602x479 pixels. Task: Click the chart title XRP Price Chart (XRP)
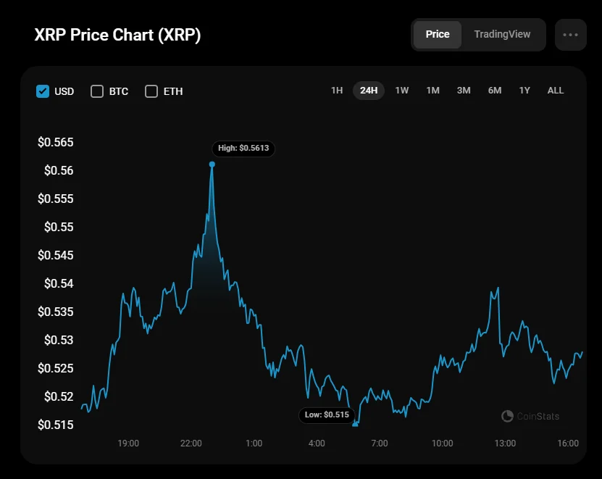[117, 36]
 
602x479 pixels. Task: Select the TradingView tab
[502, 34]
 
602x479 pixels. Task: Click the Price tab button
[438, 34]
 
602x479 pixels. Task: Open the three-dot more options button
[570, 35]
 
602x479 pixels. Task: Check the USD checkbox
[43, 91]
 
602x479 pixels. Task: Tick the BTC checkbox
[97, 91]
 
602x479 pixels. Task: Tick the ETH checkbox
[151, 91]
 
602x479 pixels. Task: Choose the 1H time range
[337, 91]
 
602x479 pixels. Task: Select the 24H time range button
[369, 91]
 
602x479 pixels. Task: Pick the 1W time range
[402, 91]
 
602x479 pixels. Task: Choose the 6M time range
[495, 91]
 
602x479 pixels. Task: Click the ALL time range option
[556, 91]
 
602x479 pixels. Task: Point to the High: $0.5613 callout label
[243, 148]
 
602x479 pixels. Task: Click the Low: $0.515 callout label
[327, 415]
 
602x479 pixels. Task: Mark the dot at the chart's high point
[212, 164]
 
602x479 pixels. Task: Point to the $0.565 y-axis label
[56, 142]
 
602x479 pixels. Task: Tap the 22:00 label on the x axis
[191, 443]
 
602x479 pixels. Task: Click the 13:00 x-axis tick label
[505, 443]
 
